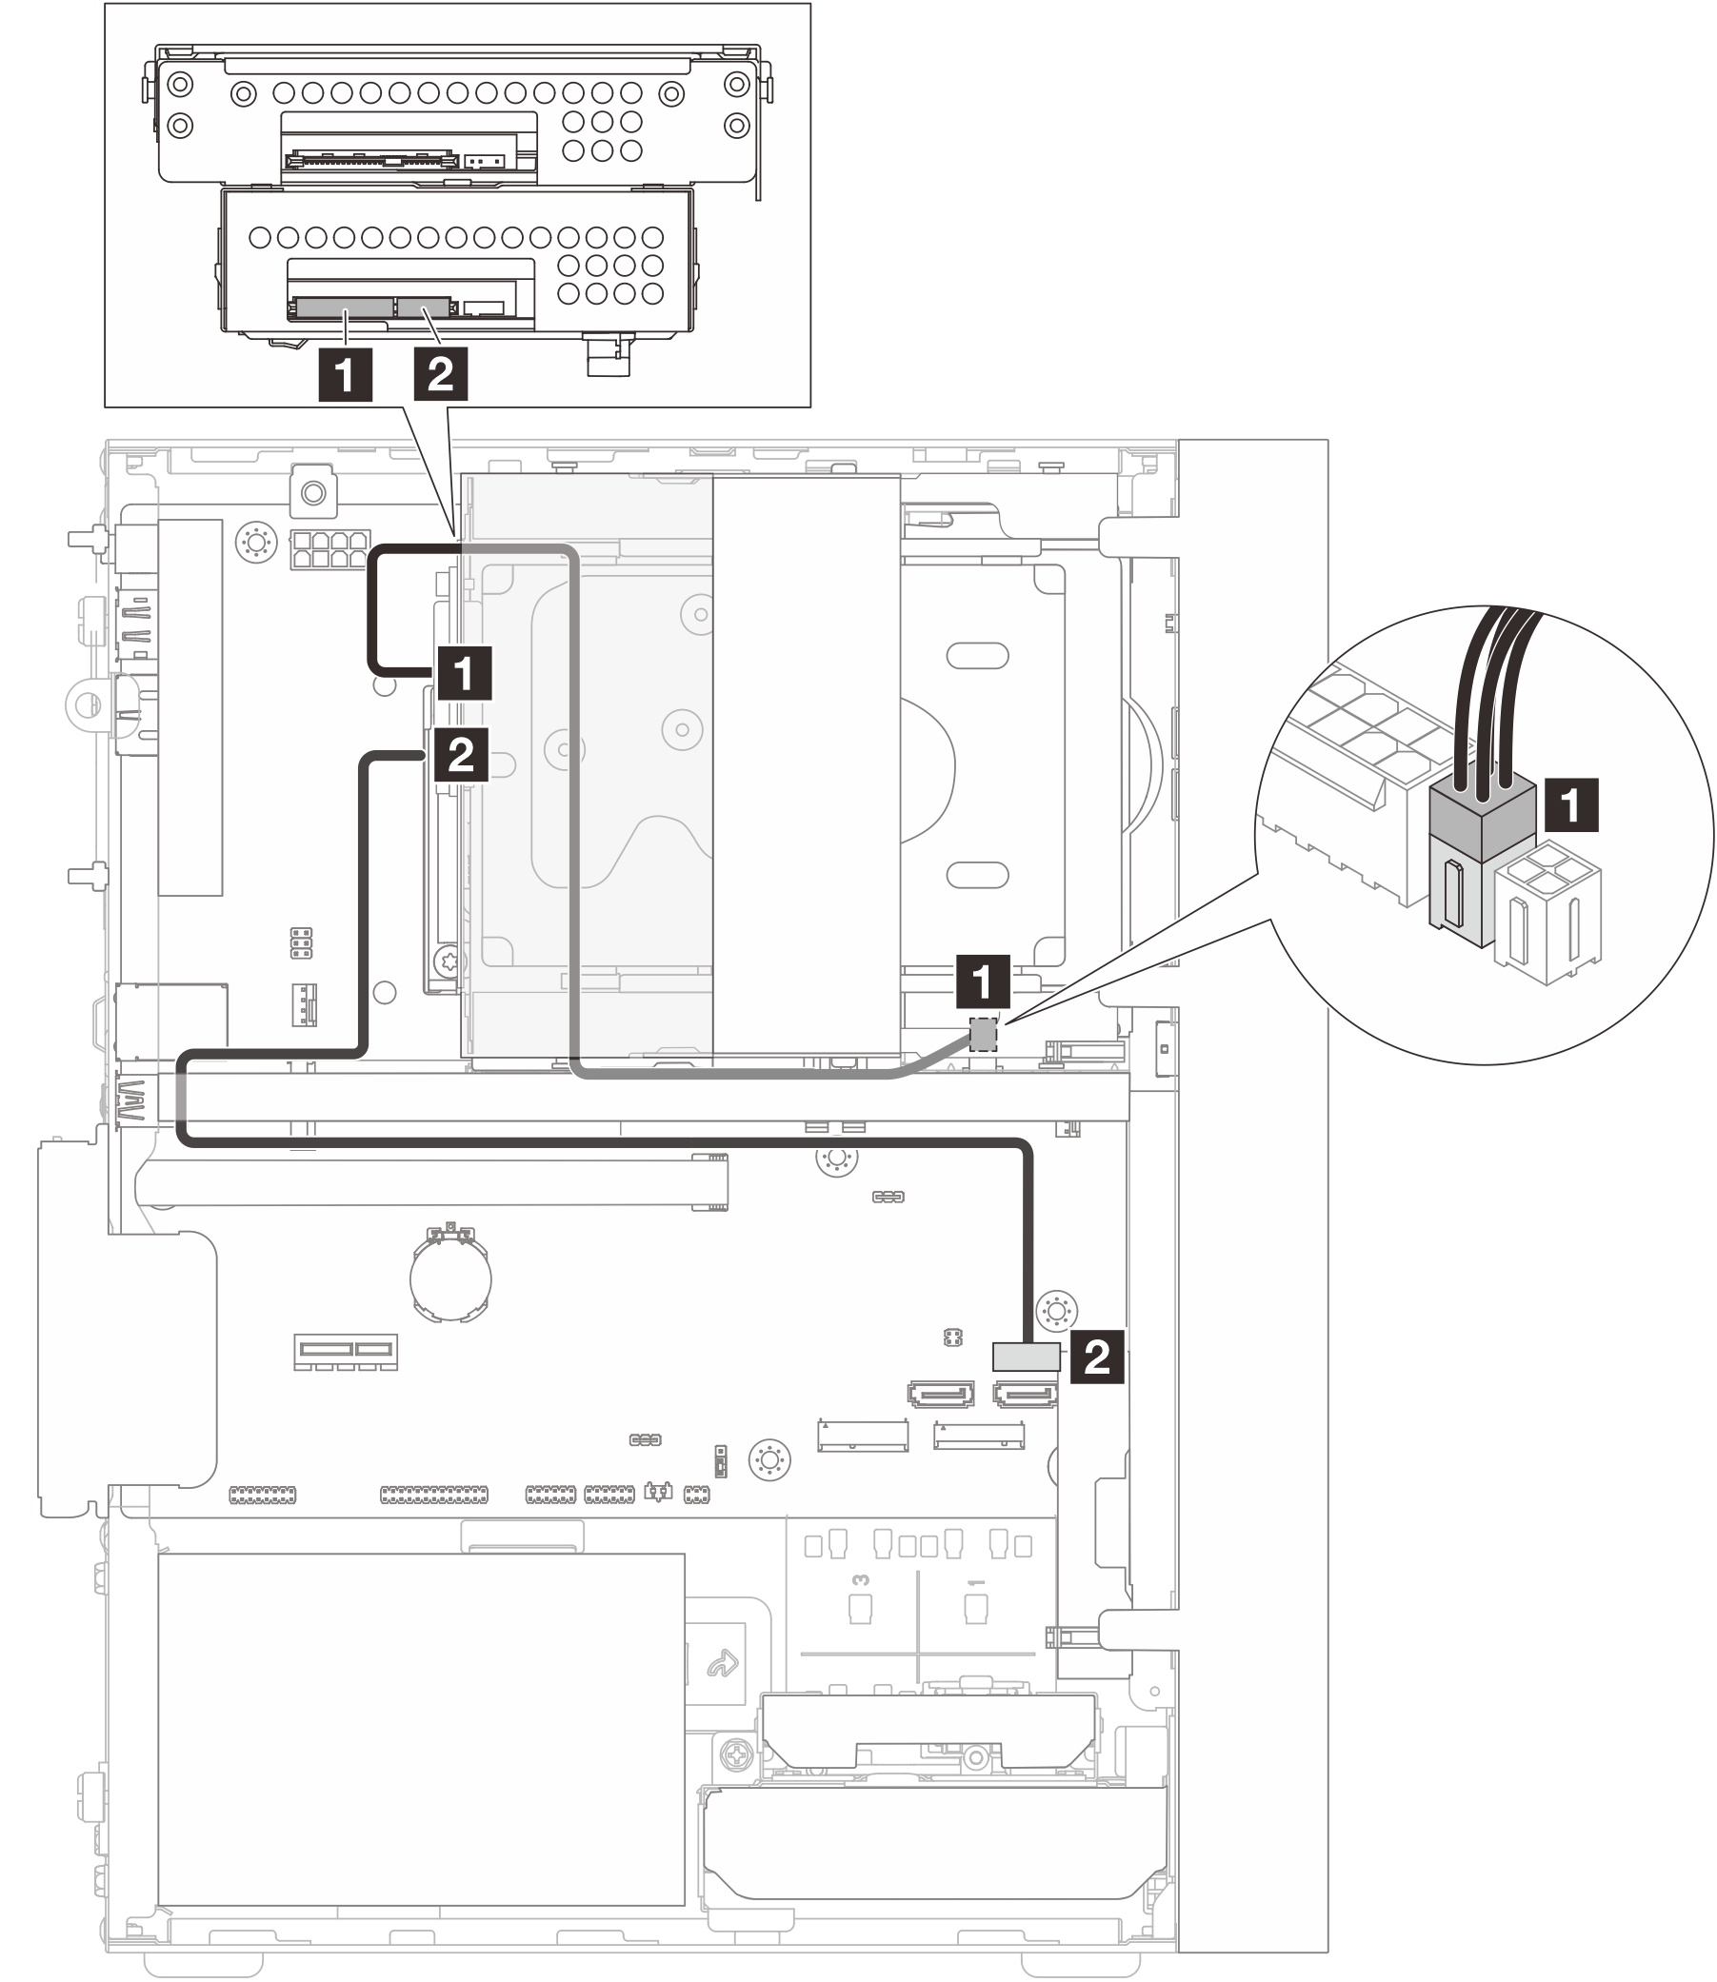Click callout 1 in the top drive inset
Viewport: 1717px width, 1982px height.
[x=345, y=375]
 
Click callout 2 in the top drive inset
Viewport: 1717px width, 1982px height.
[x=441, y=374]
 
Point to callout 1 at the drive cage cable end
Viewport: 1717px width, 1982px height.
[x=465, y=673]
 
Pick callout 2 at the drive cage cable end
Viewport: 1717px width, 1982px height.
[x=462, y=756]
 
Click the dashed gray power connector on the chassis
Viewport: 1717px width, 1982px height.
[x=983, y=1034]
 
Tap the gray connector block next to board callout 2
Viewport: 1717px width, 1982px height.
[x=1027, y=1356]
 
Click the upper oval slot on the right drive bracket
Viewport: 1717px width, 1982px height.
[x=977, y=656]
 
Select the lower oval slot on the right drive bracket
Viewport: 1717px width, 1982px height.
[x=977, y=875]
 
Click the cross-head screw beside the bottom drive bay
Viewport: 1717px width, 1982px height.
[x=736, y=1756]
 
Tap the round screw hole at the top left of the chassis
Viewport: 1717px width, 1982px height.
[x=312, y=493]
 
